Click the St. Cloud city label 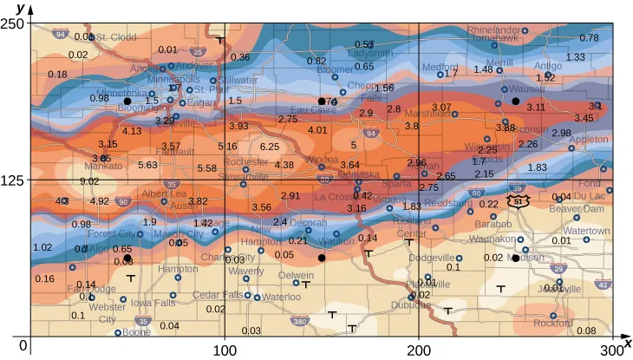click(x=115, y=37)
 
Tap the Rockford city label click(x=554, y=324)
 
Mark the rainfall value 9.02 click(x=89, y=181)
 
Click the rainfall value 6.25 click(x=270, y=147)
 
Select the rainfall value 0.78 click(x=589, y=38)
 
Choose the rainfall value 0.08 click(x=586, y=331)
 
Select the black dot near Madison click(x=515, y=258)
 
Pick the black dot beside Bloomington click(x=127, y=101)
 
